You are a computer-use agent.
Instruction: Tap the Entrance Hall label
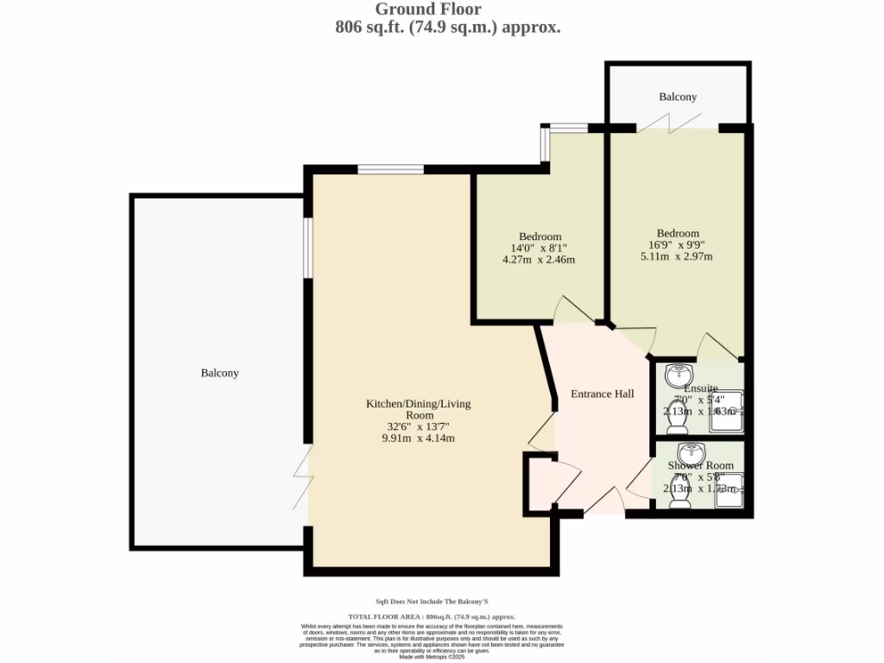(x=603, y=394)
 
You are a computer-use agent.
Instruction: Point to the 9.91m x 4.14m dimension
(x=418, y=439)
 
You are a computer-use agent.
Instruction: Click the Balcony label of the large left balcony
(x=219, y=373)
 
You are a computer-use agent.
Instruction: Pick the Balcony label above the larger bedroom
(x=678, y=97)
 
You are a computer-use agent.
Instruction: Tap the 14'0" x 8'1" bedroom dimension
(x=540, y=248)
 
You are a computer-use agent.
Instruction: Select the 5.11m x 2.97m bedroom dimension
(x=676, y=256)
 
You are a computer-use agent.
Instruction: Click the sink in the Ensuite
(x=679, y=375)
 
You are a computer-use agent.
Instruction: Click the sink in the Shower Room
(x=691, y=453)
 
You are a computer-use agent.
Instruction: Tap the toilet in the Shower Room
(x=679, y=496)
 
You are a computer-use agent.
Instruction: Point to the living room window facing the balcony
(x=306, y=248)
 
